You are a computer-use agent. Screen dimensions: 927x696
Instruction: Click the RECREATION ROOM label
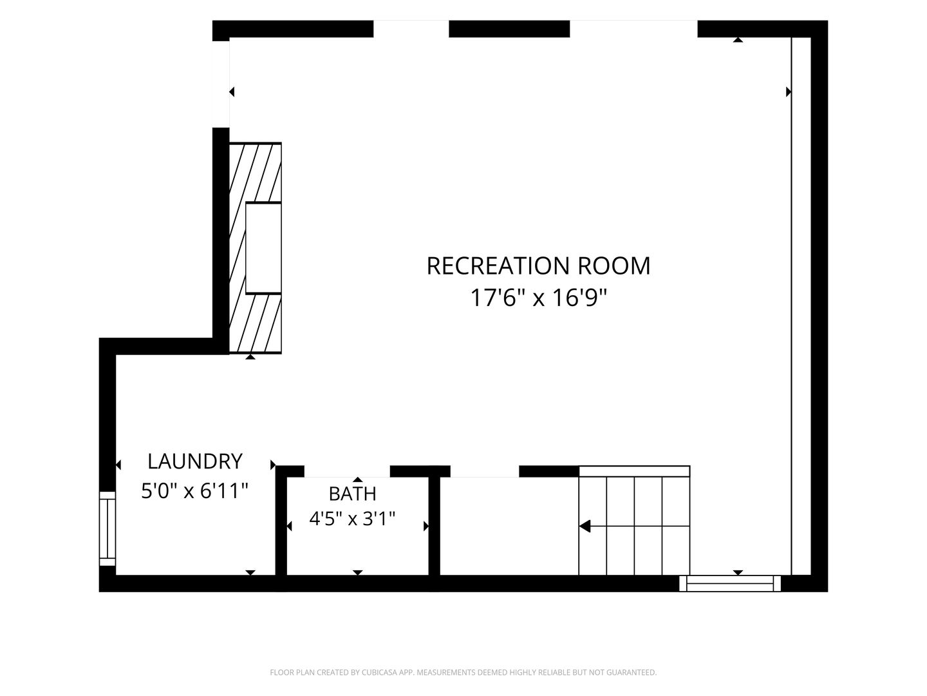538,266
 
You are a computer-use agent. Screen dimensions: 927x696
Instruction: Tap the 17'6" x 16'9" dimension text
538,298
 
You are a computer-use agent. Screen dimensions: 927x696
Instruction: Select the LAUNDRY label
194,461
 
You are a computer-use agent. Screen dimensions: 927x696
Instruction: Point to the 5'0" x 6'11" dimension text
194,490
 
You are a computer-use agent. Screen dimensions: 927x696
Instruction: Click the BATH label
352,494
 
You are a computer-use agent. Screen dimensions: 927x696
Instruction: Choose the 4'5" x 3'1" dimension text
352,518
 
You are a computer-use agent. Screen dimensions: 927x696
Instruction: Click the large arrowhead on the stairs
585,527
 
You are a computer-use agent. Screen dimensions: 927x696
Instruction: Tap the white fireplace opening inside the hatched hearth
263,248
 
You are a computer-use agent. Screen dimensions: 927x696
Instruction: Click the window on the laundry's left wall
108,528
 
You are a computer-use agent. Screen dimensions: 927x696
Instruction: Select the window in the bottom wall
730,583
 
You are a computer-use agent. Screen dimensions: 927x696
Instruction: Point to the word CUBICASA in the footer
379,672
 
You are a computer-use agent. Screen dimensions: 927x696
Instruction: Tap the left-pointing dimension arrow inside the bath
289,526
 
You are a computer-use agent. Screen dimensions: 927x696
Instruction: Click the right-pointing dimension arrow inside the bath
426,526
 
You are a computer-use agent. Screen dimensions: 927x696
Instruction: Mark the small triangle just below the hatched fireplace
250,356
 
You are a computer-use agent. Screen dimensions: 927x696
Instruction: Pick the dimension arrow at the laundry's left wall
118,465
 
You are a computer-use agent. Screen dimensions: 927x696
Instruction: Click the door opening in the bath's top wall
347,471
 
